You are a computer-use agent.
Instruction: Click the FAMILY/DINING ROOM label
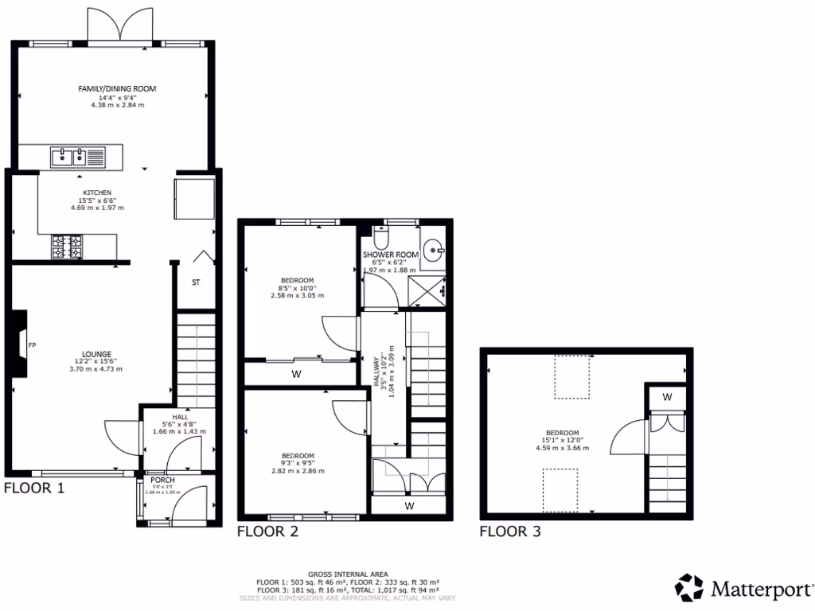pos(111,88)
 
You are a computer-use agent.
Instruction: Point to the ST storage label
pos(196,282)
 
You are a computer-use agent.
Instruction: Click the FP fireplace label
pos(32,345)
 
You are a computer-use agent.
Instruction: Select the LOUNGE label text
pos(96,354)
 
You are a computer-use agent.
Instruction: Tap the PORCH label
pos(162,481)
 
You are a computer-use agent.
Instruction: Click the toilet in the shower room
pos(380,237)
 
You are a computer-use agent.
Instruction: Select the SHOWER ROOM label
pos(391,255)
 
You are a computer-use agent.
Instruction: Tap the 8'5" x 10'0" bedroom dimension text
pos(296,287)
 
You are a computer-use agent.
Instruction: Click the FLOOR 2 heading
pos(267,532)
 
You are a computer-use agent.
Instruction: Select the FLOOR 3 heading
pos(509,531)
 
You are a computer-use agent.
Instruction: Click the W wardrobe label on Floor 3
pos(667,396)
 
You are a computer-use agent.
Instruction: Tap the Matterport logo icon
pos(688,588)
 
